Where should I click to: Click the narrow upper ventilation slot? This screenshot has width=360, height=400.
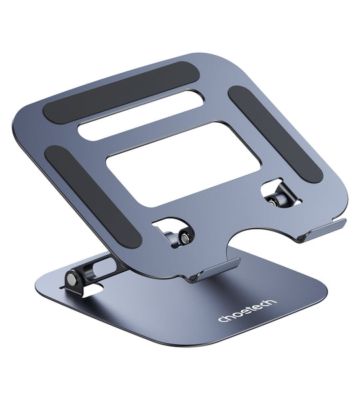pos(146,113)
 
